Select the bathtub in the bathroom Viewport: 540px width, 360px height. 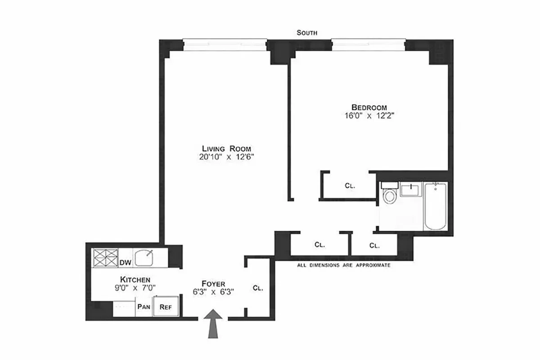[435, 207]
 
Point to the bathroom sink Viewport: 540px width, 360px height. [411, 189]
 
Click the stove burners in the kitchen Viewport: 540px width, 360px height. [105, 258]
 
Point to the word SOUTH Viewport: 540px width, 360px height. [307, 33]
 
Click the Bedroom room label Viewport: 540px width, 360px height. [369, 107]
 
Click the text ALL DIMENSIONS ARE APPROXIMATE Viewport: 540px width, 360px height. [343, 265]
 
